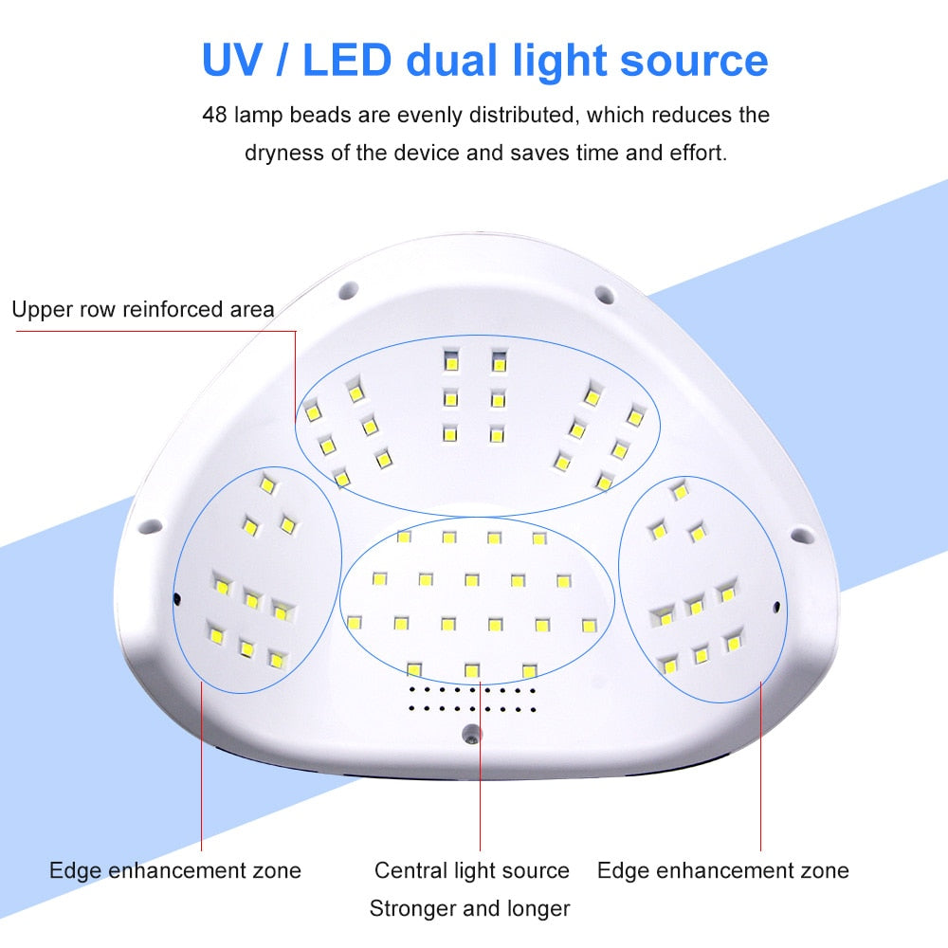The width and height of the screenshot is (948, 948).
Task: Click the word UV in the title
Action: coord(231,60)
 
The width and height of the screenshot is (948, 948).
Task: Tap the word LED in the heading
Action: coord(346,60)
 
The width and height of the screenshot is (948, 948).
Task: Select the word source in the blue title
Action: coord(694,62)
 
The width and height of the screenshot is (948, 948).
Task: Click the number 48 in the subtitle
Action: coord(214,115)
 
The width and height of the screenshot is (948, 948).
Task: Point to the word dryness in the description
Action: coord(284,153)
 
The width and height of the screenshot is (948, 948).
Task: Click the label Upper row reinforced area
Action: coord(143,310)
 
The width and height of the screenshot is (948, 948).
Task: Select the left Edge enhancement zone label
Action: coord(175,870)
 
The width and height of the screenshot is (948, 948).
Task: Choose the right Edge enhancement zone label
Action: coord(723,870)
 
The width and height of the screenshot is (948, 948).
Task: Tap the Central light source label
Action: coord(471,870)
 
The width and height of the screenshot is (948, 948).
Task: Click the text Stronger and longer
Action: coord(470,909)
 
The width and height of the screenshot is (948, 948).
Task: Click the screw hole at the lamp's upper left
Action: coord(348,290)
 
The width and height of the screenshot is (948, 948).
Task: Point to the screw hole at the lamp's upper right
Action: coord(605,295)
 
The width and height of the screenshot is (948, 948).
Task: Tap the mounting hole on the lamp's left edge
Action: coord(150,526)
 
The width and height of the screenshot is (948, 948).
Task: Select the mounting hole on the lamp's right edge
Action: coord(802,535)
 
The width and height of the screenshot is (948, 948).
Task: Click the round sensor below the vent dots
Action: coord(471,734)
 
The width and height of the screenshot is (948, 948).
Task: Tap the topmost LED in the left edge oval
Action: coord(267,484)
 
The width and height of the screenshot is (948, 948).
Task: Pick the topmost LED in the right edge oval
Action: coord(680,490)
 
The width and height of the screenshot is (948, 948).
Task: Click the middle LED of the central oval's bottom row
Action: coord(471,670)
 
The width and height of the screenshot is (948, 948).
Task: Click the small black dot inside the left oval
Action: coord(177,598)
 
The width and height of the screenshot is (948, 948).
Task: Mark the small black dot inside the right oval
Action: coord(776,607)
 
